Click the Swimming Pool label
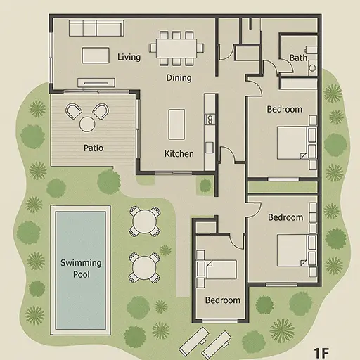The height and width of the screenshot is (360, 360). pos(81,269)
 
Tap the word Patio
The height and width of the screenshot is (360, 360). pos(94,148)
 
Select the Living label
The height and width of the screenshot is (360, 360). pos(129,57)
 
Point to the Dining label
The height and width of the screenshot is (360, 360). pos(179,78)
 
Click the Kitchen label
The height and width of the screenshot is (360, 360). pos(179,154)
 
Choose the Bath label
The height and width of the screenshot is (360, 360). pos(298,58)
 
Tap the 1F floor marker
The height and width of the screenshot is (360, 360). pos(321,353)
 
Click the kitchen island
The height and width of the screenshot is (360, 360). pos(176,124)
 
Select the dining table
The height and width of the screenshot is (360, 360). pos(176,49)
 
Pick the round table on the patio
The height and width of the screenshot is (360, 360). pos(87,124)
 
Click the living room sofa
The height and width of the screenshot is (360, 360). pos(96,28)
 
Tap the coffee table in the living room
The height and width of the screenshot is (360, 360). pos(96,56)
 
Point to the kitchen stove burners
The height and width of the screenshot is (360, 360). pos(210,120)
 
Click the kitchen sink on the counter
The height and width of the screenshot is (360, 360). pos(210,148)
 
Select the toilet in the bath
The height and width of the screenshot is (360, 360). pos(313,67)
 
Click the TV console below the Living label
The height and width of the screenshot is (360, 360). pos(96,82)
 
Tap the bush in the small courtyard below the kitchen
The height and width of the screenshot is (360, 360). pos(205,185)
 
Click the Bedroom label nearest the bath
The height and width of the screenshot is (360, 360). pos(285,109)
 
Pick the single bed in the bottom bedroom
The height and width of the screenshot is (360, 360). pos(217,269)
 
